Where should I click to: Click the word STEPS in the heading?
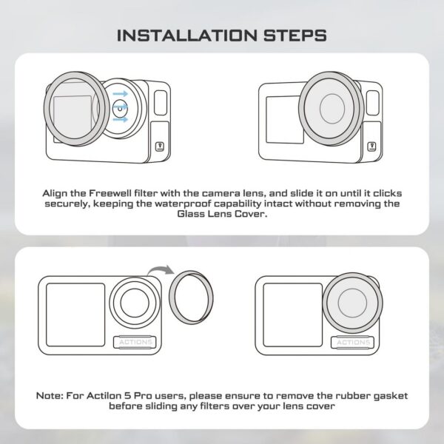tap(292, 35)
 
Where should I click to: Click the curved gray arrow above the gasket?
tap(160, 273)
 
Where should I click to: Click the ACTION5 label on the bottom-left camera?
tap(135, 342)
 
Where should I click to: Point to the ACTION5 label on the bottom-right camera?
tap(352, 342)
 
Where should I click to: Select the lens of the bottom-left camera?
tap(138, 303)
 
